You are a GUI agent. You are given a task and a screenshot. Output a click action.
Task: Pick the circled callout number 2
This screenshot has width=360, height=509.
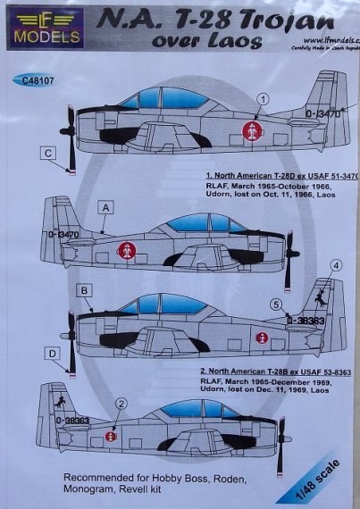(x=121, y=405)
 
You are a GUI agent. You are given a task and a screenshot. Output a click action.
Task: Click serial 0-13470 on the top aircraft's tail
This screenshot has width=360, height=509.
(x=322, y=113)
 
